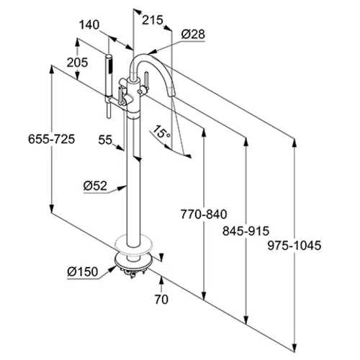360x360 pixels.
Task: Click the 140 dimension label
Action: (89, 24)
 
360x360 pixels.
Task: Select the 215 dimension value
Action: (153, 20)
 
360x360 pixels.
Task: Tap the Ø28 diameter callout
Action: (193, 35)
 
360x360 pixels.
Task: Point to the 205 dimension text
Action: (77, 63)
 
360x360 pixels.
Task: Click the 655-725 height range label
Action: (52, 139)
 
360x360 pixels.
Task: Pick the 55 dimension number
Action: (105, 140)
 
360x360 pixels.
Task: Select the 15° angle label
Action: (161, 132)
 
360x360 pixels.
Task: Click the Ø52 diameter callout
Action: (95, 186)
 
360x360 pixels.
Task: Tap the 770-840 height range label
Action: (204, 215)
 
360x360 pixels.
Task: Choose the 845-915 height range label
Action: (246, 231)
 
